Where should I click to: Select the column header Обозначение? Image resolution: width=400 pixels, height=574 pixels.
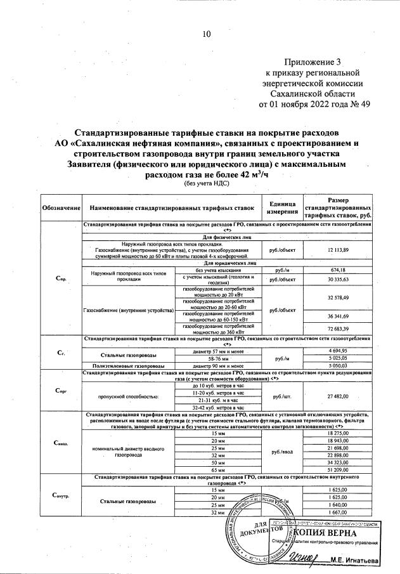click(x=61, y=208)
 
